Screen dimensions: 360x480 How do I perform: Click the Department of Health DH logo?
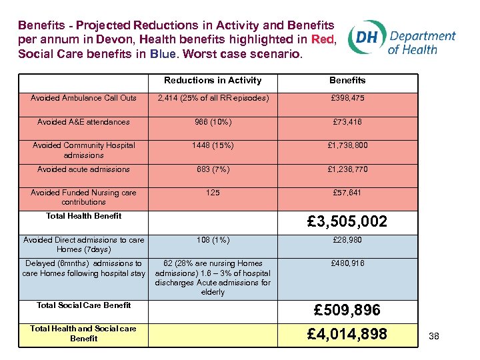pos(403,41)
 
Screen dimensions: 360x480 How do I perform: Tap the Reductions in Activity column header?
pos(213,81)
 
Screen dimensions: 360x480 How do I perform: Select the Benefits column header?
pos(347,81)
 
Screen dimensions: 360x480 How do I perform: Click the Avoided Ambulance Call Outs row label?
pos(83,98)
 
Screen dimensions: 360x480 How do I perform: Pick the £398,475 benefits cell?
pos(347,98)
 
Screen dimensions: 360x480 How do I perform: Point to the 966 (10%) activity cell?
pos(213,122)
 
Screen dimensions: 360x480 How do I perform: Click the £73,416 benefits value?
pos(347,122)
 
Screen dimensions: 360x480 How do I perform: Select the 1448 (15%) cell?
pos(213,145)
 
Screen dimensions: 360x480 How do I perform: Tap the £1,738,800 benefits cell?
pos(347,145)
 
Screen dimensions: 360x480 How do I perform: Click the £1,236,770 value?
pos(347,169)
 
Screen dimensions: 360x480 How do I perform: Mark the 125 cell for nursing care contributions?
pos(213,193)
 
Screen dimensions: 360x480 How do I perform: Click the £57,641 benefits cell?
pos(347,193)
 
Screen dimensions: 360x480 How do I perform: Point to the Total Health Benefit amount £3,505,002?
pos(347,221)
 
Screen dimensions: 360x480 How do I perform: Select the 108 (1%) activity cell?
pos(213,239)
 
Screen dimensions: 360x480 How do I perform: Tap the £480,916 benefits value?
pos(347,263)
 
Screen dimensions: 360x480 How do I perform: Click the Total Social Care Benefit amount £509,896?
pos(347,310)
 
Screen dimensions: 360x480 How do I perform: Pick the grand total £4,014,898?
pos(347,333)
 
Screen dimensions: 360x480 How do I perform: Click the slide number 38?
pos(434,337)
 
